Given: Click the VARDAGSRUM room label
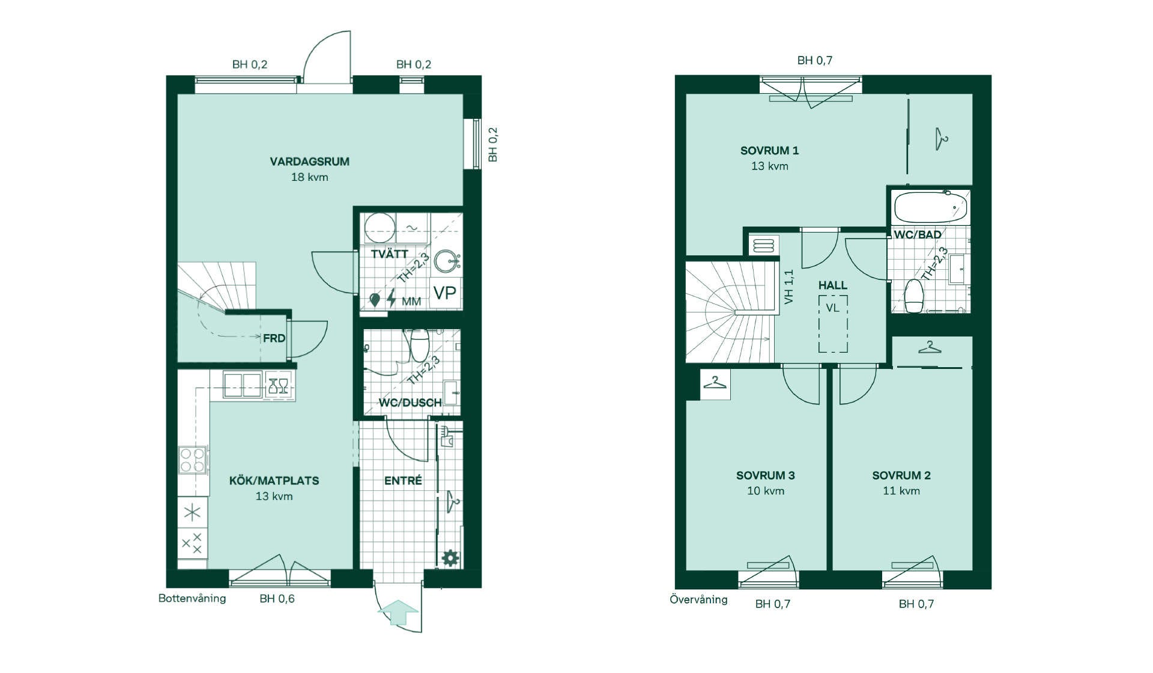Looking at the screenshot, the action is tap(309, 161).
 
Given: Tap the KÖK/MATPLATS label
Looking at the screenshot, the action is tap(274, 480).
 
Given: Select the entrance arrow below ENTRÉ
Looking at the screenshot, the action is tap(398, 613).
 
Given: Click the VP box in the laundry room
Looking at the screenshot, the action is tap(445, 293).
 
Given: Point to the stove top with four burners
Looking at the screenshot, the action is tap(193, 460).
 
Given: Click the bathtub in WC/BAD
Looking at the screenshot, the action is tap(930, 207).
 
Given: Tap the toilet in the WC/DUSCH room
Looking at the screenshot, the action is tap(418, 344).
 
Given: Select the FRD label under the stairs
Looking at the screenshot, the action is tap(274, 338).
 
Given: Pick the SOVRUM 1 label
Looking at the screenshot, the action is tap(769, 150).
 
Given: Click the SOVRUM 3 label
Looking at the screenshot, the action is tap(766, 475).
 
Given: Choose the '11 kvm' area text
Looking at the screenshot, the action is tap(901, 491).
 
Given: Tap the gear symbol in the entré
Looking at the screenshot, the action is tap(450, 558).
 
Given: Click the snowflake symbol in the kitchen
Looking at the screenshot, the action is tap(192, 513).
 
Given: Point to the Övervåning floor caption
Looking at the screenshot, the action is tap(698, 599).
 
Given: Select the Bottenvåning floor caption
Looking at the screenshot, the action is tap(192, 598).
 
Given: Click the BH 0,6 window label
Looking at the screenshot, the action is tap(277, 598).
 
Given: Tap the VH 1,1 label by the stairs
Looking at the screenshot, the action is tap(789, 286).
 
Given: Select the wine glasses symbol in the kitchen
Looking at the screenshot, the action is tap(278, 385).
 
